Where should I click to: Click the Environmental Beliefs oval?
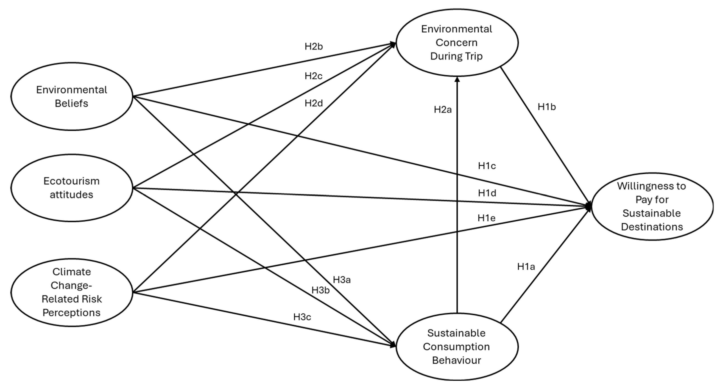click(x=72, y=96)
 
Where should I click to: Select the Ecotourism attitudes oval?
click(x=72, y=188)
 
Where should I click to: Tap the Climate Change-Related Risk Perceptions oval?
click(x=72, y=292)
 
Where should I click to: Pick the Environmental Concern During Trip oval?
click(x=457, y=43)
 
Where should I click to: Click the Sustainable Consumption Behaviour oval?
click(x=457, y=347)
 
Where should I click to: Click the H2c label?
click(x=313, y=76)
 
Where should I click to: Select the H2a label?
click(x=443, y=110)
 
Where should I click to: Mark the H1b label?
click(x=547, y=107)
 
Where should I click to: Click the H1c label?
click(x=487, y=166)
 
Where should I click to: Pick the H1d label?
click(x=487, y=193)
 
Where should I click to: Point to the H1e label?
click(x=486, y=218)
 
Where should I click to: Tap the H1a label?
click(x=526, y=267)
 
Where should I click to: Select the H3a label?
click(x=342, y=280)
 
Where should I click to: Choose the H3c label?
click(x=302, y=317)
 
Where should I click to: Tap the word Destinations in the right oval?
click(x=652, y=227)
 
